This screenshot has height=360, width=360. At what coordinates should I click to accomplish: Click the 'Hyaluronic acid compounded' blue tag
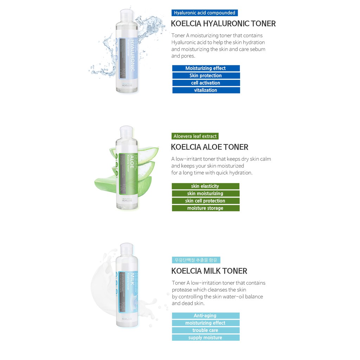tap(205, 13)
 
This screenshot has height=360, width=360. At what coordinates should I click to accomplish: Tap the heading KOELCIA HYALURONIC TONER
tap(223, 24)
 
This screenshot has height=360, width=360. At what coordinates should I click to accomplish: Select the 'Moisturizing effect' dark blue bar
tap(206, 68)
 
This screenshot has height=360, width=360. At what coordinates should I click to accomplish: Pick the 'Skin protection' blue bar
tap(206, 76)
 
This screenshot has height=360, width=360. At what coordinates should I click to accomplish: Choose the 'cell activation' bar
tap(206, 83)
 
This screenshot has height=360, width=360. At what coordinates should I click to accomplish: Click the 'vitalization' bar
tap(206, 90)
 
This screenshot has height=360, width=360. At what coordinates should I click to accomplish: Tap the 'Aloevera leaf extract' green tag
tap(195, 136)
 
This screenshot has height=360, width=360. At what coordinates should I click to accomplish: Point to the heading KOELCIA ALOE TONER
tap(210, 147)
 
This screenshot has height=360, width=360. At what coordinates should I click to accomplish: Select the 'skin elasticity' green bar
tap(205, 186)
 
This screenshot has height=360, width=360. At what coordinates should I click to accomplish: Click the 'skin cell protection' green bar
tap(205, 201)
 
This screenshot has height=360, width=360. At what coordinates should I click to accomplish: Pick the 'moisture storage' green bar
tap(205, 208)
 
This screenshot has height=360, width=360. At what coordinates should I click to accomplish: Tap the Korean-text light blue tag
tap(196, 260)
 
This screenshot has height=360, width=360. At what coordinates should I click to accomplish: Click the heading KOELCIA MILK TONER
tap(209, 271)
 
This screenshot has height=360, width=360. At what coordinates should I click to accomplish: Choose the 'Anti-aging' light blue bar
tap(205, 316)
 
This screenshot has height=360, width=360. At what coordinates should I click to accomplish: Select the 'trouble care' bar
tap(205, 330)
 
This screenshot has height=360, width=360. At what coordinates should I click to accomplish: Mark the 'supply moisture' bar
tap(205, 338)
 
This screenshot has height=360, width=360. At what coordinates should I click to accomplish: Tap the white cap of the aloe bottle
tap(127, 132)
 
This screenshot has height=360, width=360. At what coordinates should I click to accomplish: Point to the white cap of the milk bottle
tap(127, 249)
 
